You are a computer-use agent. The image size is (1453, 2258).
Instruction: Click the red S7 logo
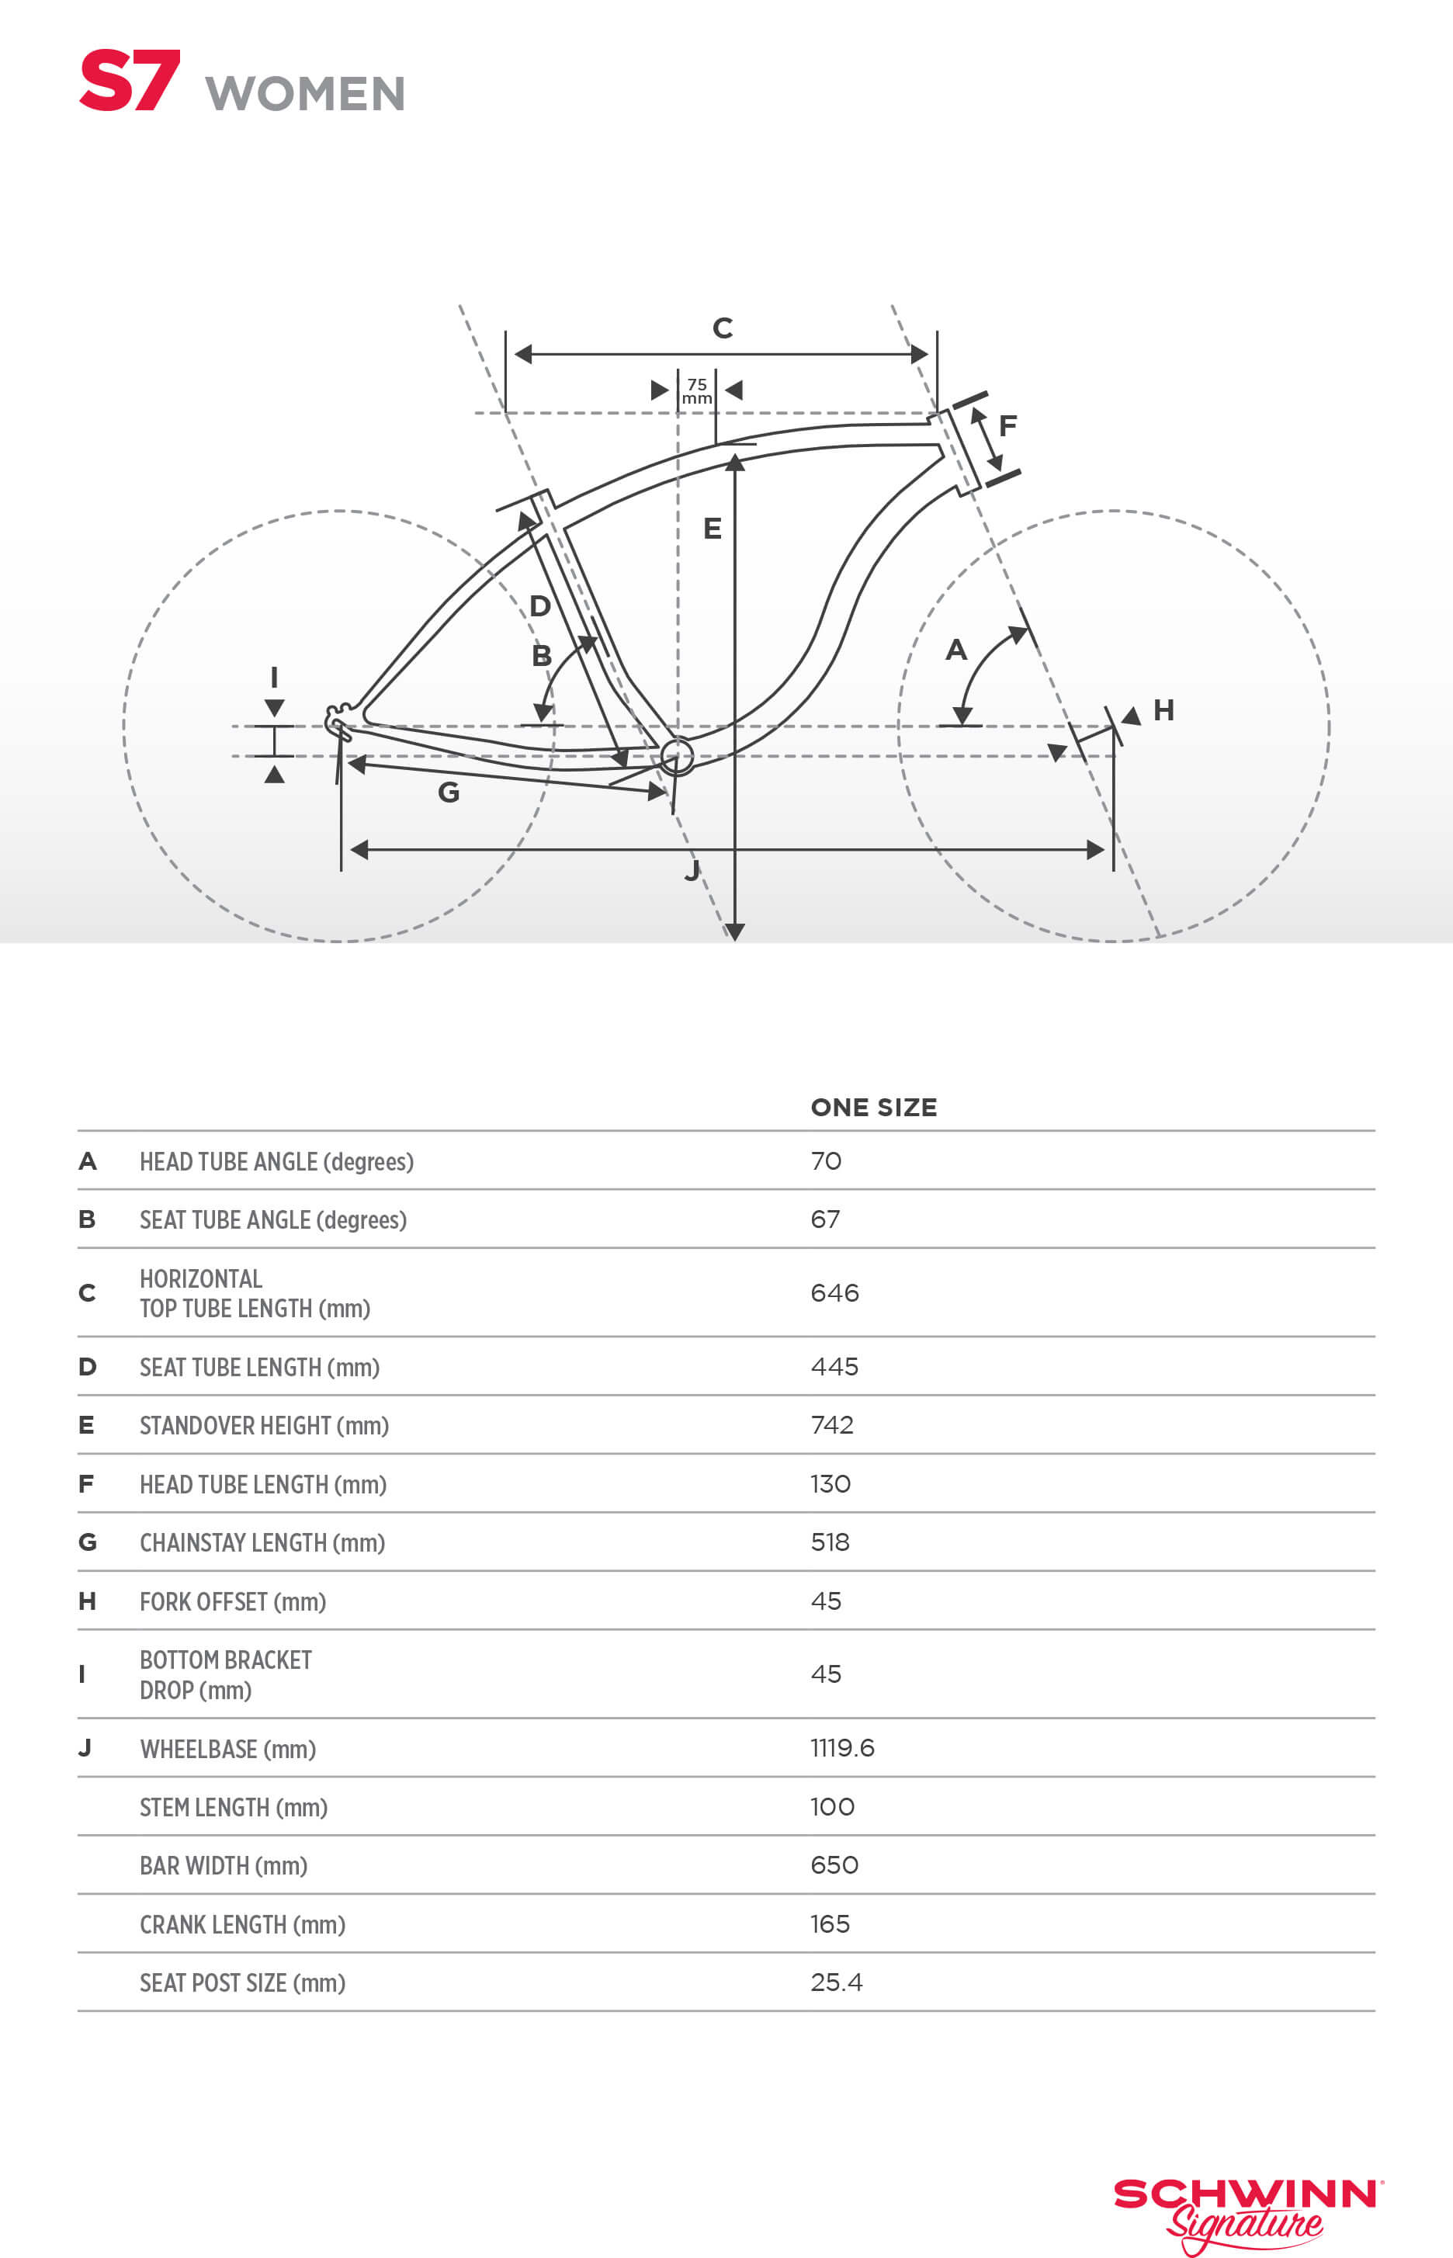coord(130,82)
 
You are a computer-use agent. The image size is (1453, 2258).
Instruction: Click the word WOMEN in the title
coord(305,95)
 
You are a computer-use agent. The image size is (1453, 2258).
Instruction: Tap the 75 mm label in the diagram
coord(696,390)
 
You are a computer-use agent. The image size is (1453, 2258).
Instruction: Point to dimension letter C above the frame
coord(723,328)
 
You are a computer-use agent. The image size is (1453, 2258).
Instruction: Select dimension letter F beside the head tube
coord(1007,425)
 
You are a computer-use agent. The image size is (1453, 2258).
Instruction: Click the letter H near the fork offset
coord(1163,710)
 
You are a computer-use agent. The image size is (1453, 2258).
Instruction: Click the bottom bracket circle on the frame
coord(677,756)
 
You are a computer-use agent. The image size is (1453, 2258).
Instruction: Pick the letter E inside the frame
coord(713,529)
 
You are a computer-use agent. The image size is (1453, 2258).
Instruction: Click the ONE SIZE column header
coord(874,1107)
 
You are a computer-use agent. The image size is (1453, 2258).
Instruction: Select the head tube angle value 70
coord(826,1160)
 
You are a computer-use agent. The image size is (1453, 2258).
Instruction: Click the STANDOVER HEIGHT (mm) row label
coord(264,1425)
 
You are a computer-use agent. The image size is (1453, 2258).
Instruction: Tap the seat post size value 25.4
coord(836,1982)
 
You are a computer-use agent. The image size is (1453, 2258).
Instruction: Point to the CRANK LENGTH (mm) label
coord(242,1924)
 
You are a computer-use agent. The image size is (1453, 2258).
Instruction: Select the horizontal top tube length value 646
coord(834,1292)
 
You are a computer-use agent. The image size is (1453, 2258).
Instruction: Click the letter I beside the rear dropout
coord(274,677)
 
